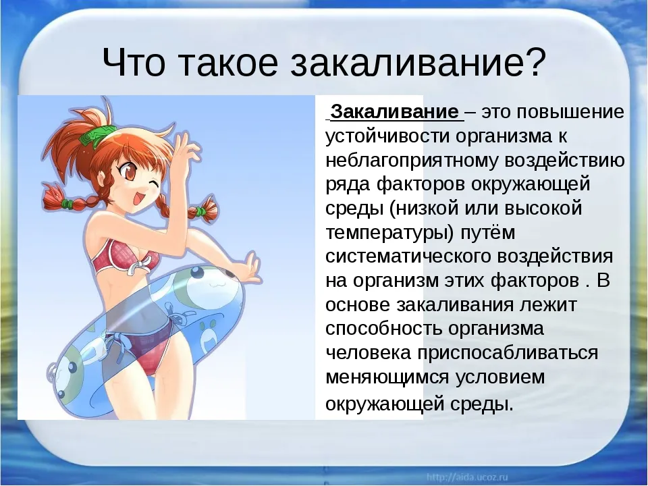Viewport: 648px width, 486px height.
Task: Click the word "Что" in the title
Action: coord(134,62)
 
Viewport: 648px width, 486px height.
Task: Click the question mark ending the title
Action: coord(532,62)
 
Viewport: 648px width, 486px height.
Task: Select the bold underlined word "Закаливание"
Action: coord(395,112)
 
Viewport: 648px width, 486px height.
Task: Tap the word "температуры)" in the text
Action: coord(389,234)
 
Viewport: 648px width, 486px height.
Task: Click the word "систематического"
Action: coord(408,256)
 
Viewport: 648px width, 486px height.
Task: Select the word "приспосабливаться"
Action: coord(508,354)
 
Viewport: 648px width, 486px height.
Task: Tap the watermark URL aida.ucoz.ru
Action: coord(467,477)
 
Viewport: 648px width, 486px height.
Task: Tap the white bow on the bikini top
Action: coord(142,264)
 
